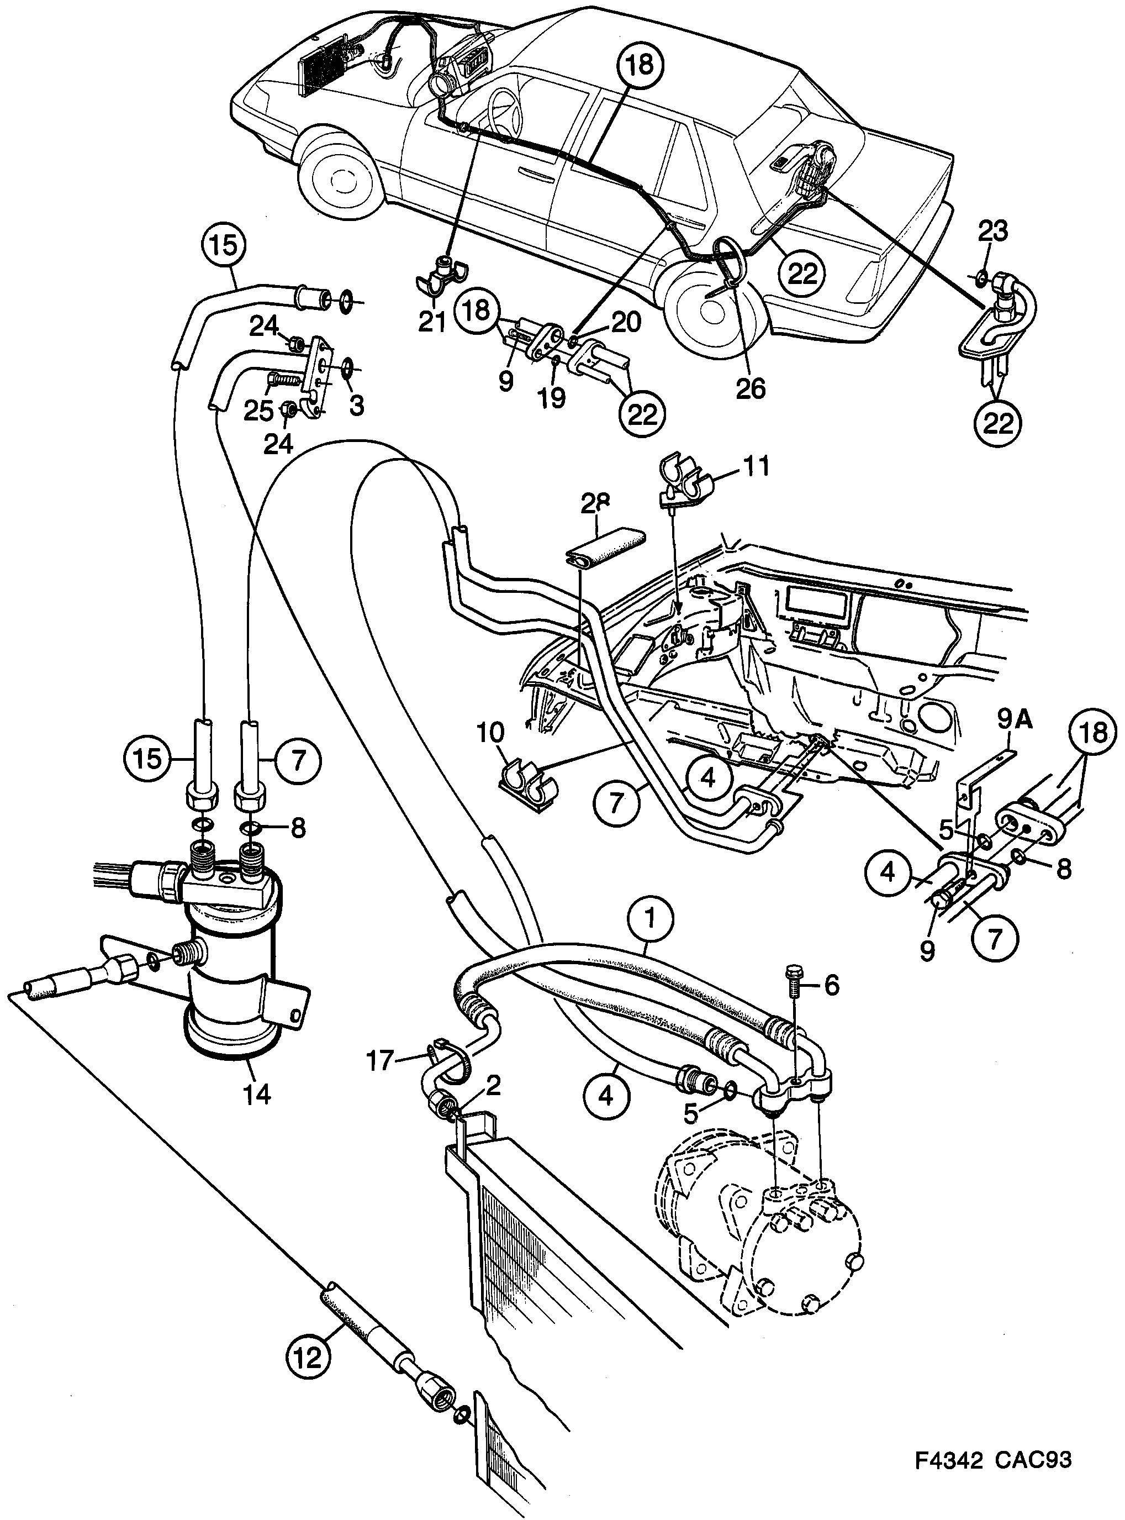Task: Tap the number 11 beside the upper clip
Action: pyautogui.click(x=756, y=467)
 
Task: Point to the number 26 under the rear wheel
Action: pyautogui.click(x=751, y=388)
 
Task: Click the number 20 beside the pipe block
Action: pyautogui.click(x=626, y=322)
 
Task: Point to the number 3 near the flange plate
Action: pyautogui.click(x=356, y=407)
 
